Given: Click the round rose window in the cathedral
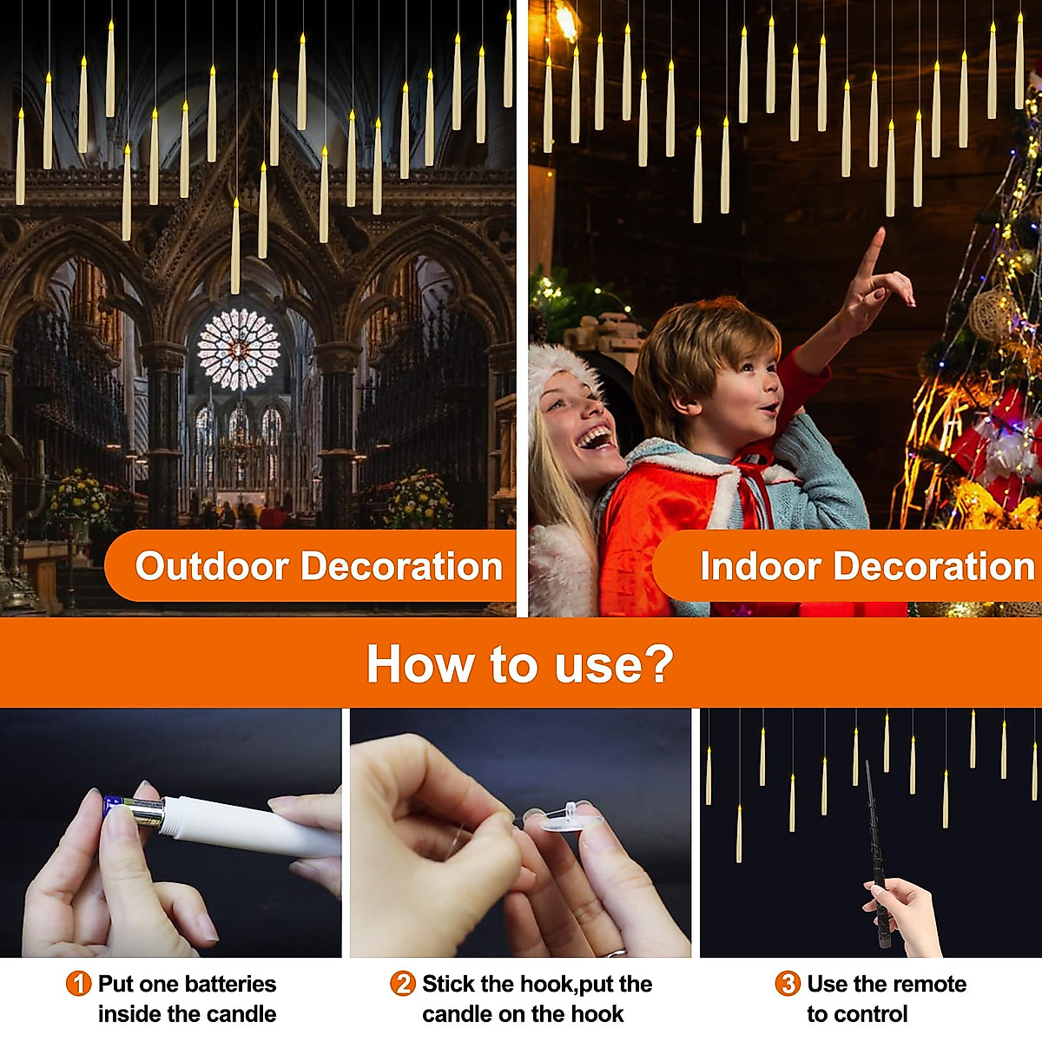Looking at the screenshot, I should (x=239, y=349).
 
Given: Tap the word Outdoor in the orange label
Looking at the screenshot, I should (x=212, y=566).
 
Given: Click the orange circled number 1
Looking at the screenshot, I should (x=78, y=984).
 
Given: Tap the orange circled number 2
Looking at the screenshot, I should (x=403, y=984).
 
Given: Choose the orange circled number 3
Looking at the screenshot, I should (x=787, y=984).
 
